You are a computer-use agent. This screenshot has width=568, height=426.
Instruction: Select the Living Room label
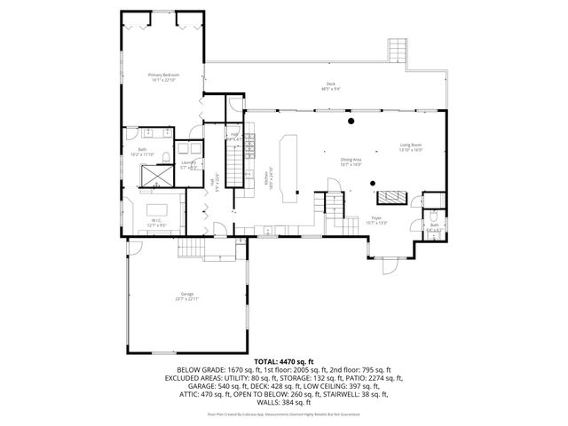pyautogui.click(x=410, y=146)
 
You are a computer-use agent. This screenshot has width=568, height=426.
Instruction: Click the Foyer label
pyautogui.click(x=376, y=219)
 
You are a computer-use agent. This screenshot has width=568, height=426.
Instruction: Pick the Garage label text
pyautogui.click(x=186, y=295)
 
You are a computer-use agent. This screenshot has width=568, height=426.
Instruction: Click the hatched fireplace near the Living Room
pyautogui.click(x=391, y=197)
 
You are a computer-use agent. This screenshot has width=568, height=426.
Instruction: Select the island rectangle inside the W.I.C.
pyautogui.click(x=157, y=214)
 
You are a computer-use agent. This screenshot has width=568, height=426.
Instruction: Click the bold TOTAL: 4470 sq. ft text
pyautogui.click(x=284, y=361)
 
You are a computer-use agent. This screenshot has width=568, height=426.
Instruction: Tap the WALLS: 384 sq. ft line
pyautogui.click(x=284, y=403)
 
